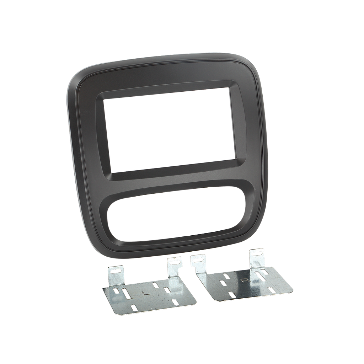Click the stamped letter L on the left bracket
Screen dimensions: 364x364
[x=144, y=293]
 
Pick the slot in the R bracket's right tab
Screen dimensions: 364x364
[x=257, y=253]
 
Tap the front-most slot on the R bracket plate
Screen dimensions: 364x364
[x=231, y=295]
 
